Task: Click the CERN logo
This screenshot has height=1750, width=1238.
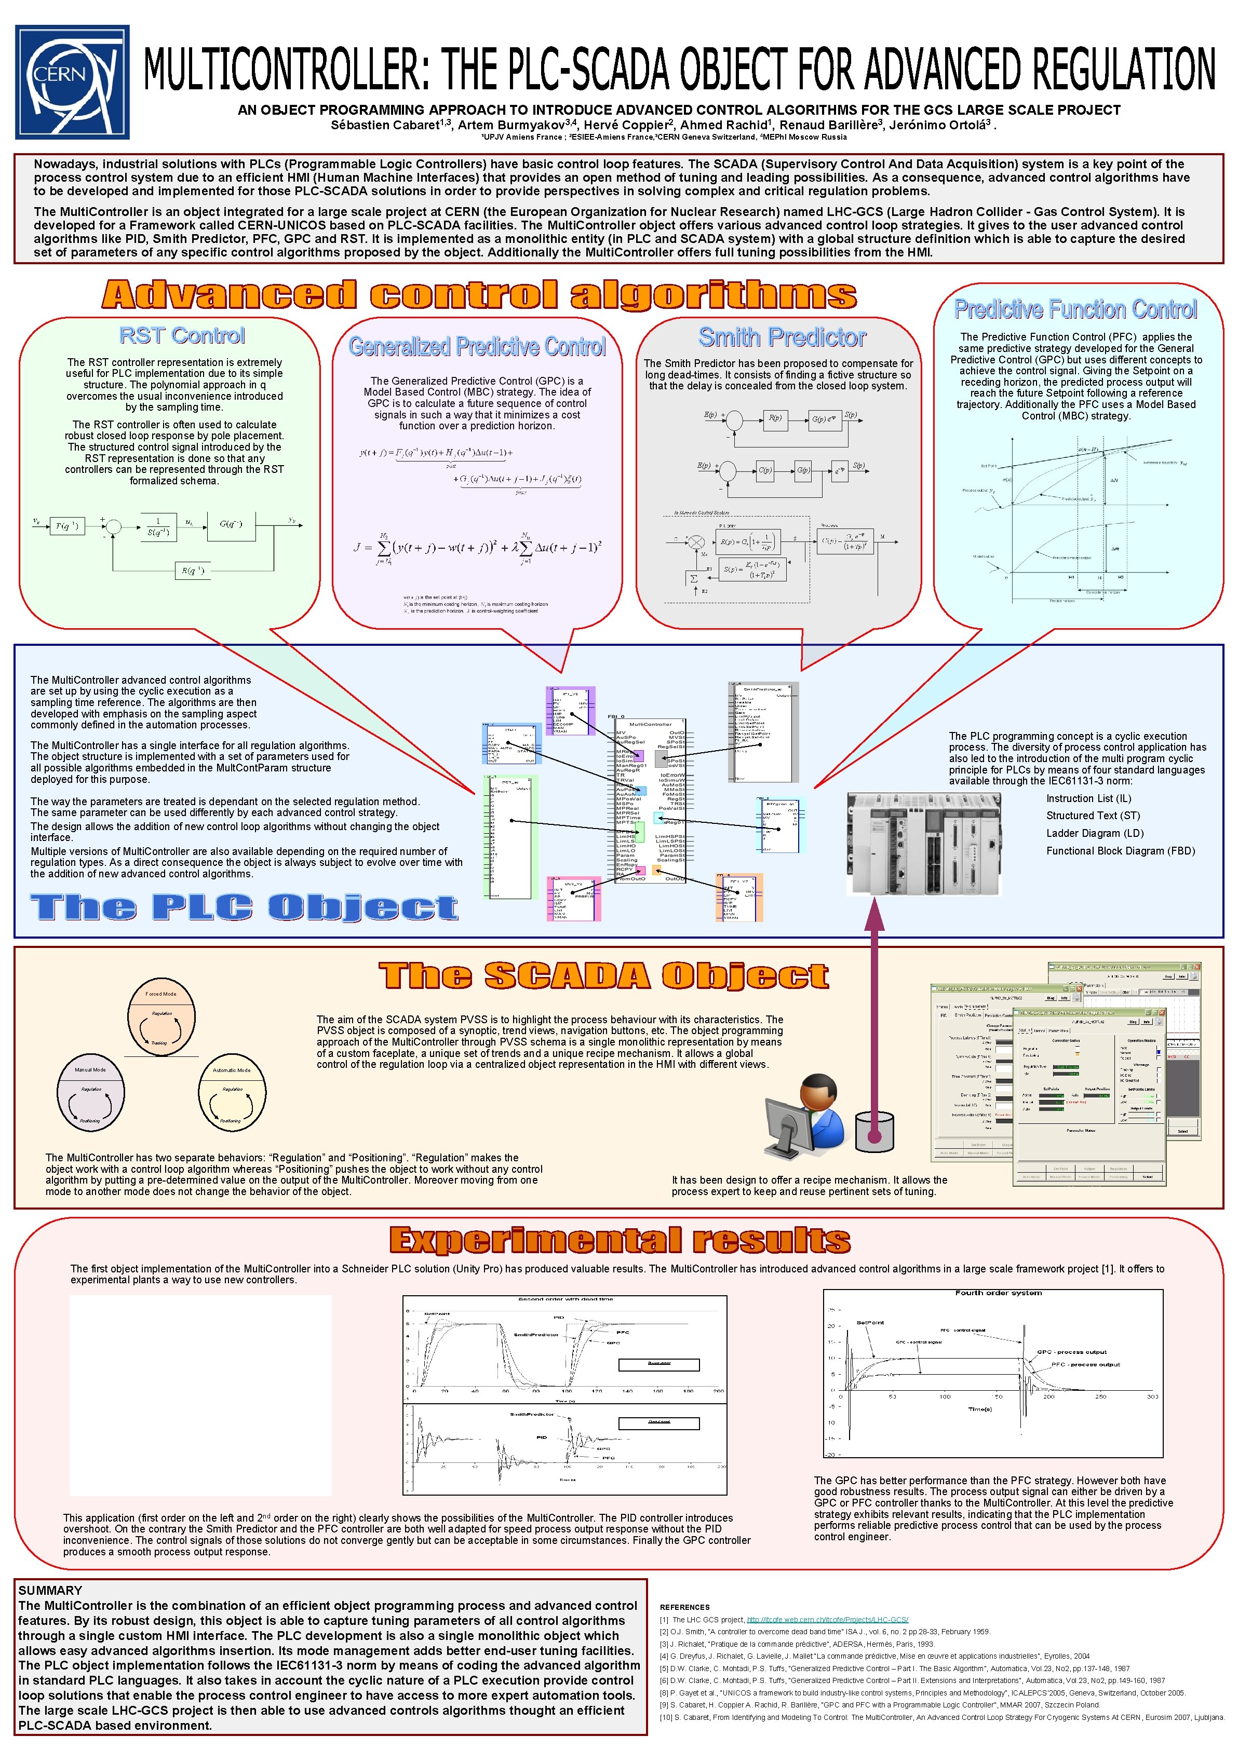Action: (72, 83)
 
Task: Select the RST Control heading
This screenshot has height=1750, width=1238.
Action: (182, 335)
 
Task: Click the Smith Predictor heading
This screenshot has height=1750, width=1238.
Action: (782, 337)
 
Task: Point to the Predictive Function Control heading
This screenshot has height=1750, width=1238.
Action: (1075, 309)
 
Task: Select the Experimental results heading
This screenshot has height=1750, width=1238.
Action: (620, 1240)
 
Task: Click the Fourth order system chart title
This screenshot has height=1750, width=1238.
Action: (998, 1293)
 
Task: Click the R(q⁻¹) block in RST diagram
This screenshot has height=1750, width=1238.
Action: (193, 570)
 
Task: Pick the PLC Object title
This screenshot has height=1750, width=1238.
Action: (244, 907)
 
